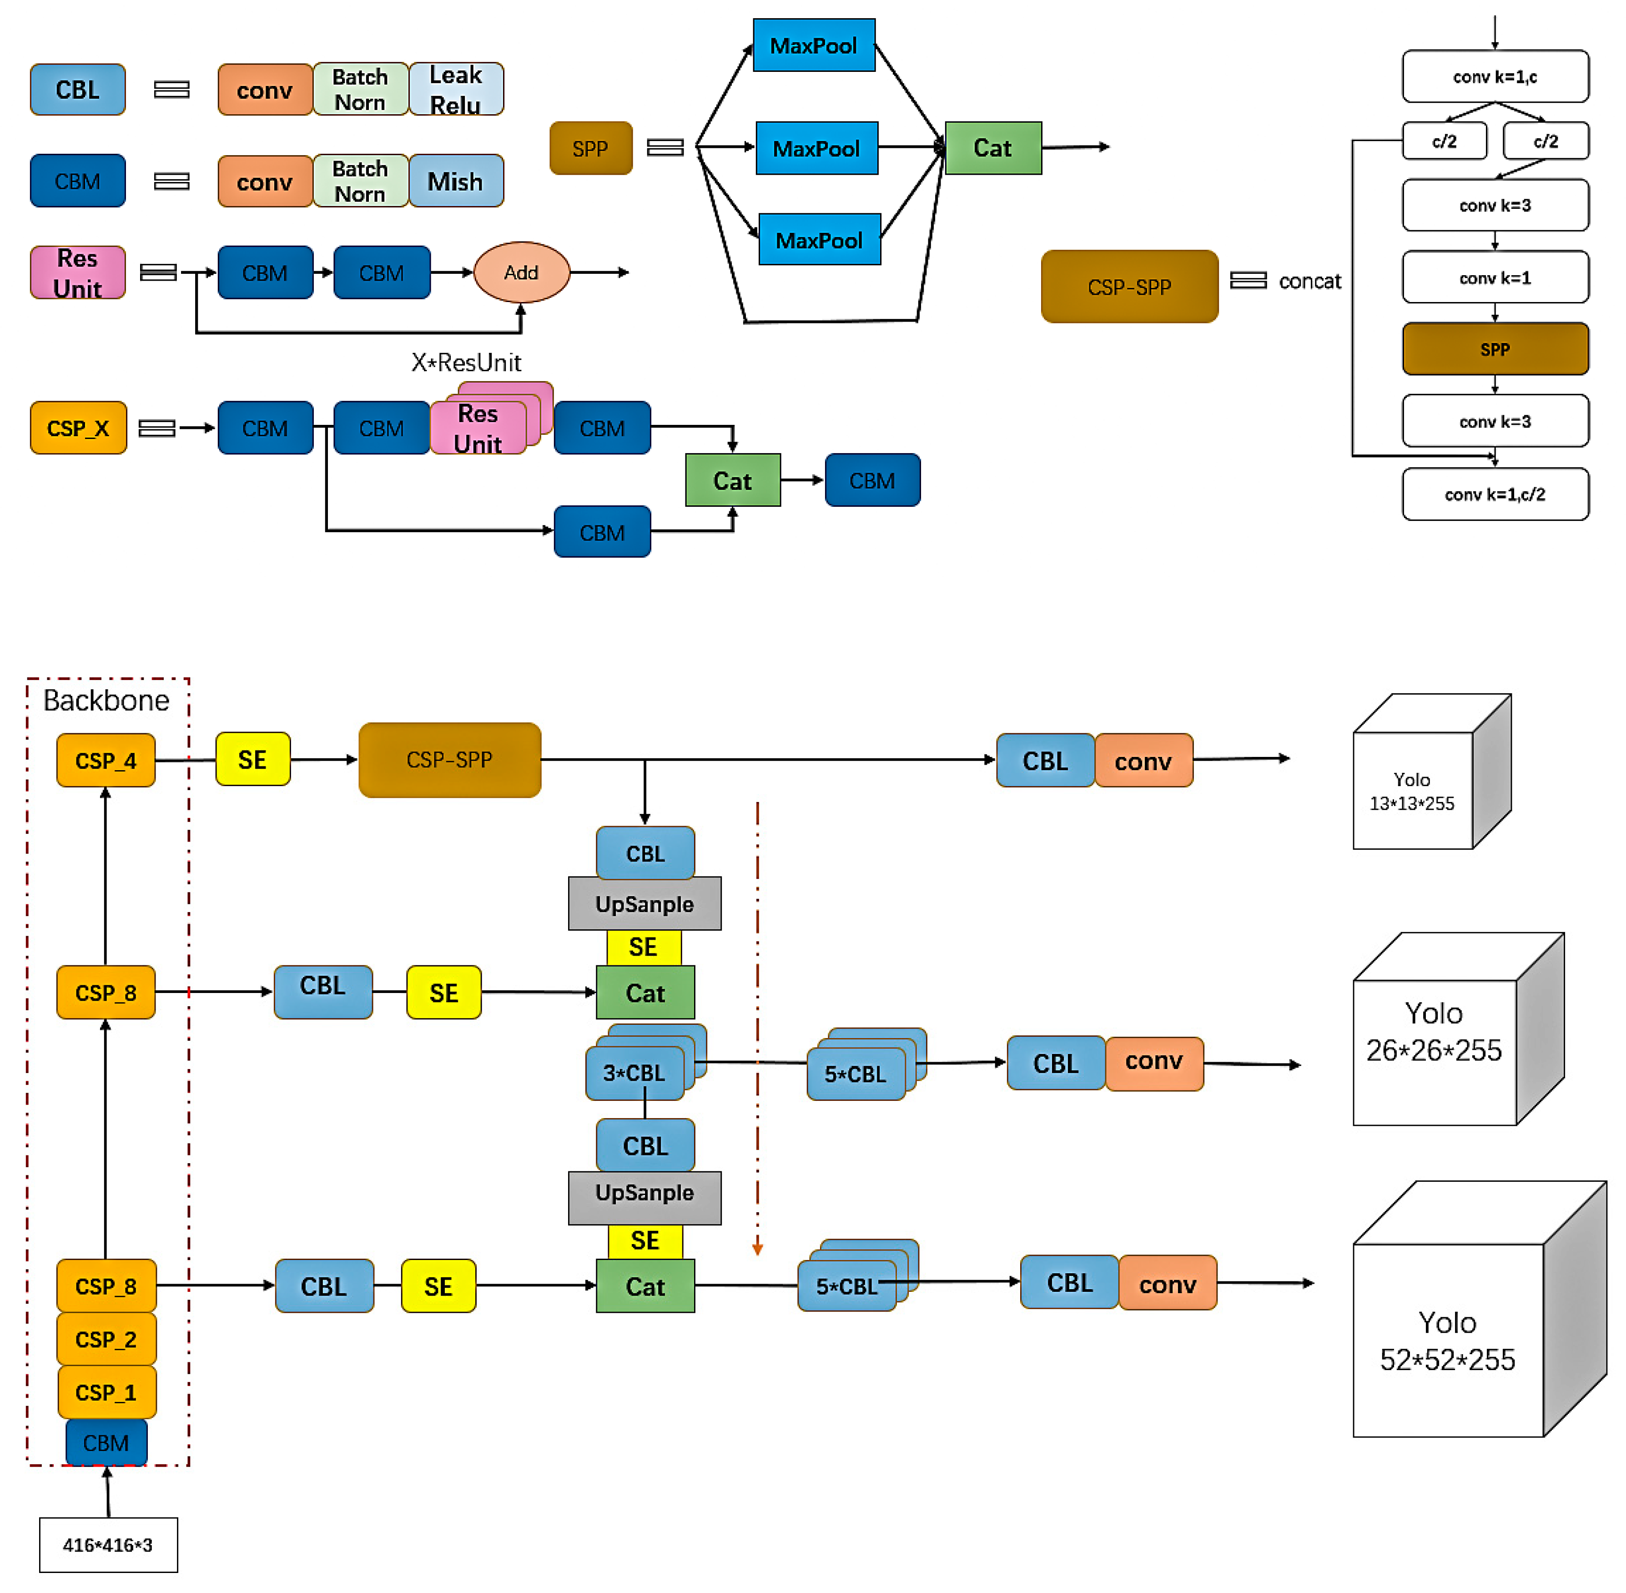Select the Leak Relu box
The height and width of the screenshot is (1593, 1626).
pos(456,89)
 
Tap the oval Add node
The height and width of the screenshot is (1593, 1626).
pos(521,273)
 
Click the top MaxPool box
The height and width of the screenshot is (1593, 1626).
pos(813,46)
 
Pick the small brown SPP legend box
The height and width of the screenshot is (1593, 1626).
pos(590,149)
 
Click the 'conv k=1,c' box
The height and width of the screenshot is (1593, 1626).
pos(1495,77)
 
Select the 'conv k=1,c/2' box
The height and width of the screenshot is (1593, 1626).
pos(1495,494)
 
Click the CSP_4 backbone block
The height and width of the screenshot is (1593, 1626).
pos(106,761)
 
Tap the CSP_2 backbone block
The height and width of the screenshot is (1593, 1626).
pos(106,1340)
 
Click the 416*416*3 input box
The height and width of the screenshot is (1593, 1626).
pos(108,1544)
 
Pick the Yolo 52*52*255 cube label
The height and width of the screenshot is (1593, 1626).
pos(1447,1341)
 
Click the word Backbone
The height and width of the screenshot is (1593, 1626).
pos(106,700)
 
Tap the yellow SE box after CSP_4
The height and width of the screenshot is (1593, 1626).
pos(252,760)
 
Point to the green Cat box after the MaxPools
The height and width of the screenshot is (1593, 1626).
pos(993,149)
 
